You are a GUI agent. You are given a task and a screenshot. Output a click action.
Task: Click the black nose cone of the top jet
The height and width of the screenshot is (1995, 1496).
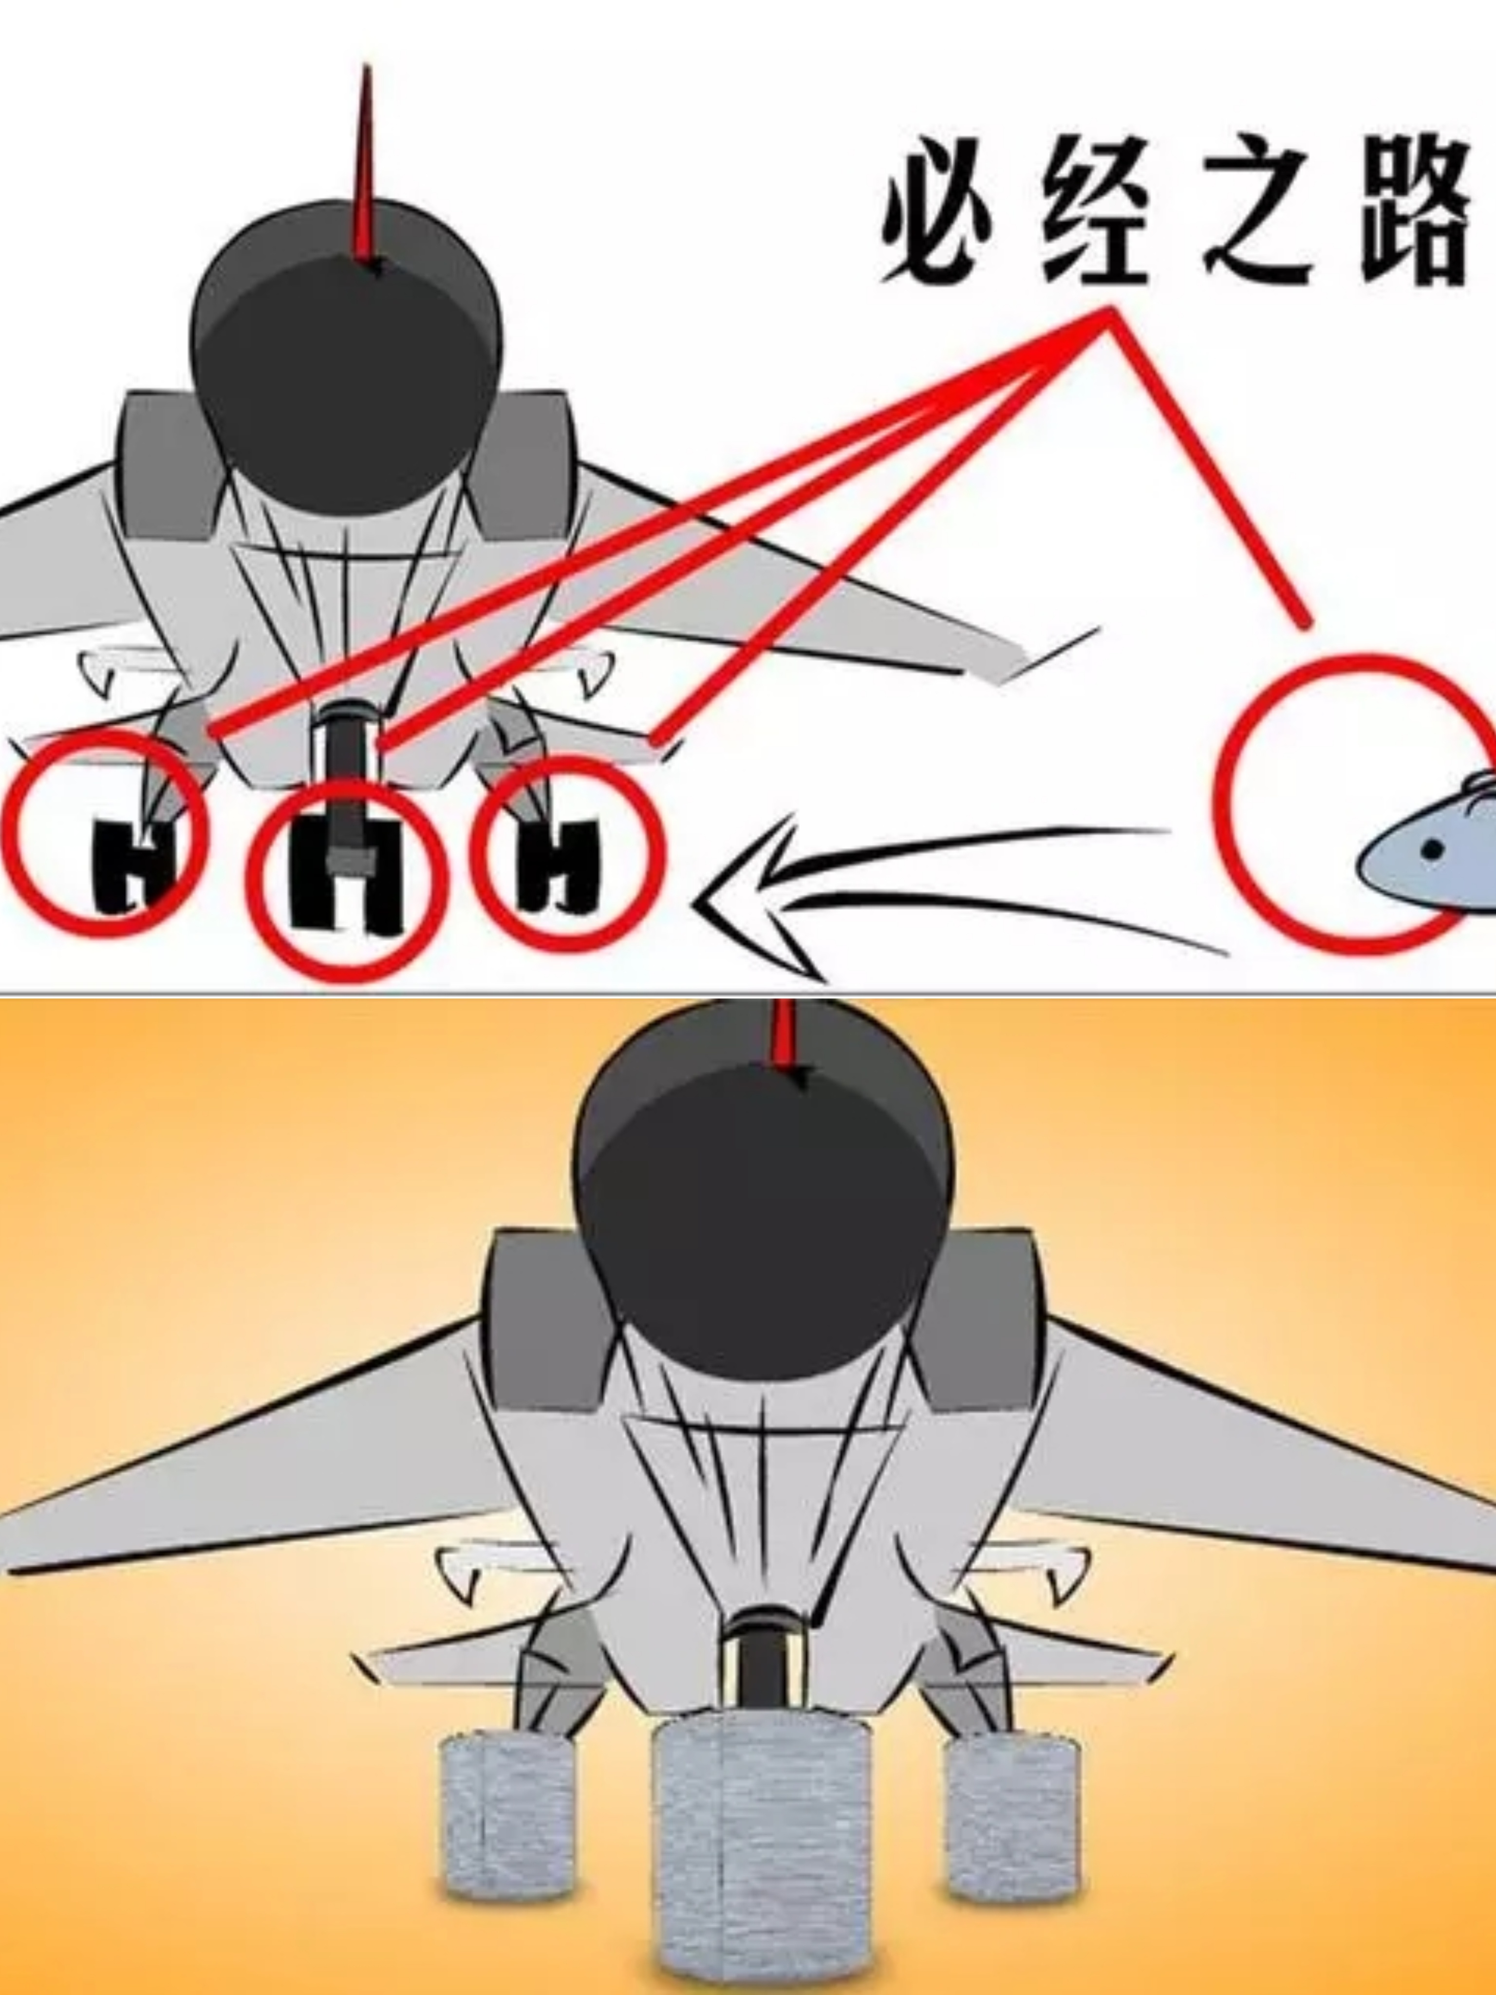pos(347,361)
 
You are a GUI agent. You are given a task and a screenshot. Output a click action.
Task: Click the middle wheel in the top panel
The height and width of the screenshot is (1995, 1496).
pos(347,875)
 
